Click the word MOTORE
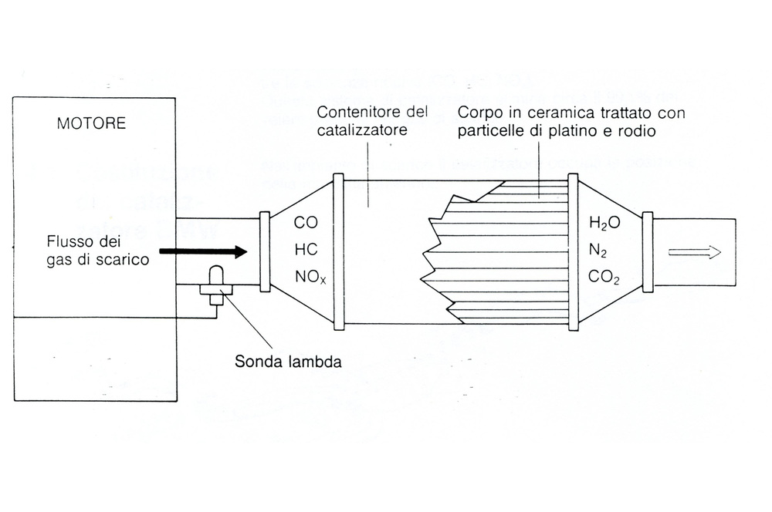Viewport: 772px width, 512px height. [x=91, y=123]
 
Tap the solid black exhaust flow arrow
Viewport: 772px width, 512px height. [x=203, y=251]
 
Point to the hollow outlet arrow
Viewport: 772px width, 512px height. [x=694, y=252]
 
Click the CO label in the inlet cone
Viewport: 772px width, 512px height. [x=306, y=224]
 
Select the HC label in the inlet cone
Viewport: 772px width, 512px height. [x=306, y=251]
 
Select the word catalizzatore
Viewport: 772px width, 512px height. [x=361, y=130]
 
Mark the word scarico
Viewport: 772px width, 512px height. [x=124, y=260]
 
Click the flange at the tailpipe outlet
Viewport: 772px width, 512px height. [x=648, y=252]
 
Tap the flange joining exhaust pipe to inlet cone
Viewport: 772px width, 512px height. [x=265, y=251]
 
